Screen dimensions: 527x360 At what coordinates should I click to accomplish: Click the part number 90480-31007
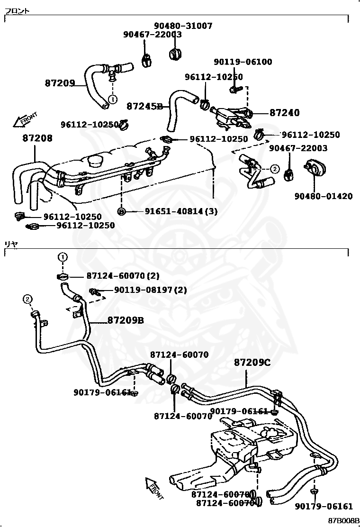point(183,26)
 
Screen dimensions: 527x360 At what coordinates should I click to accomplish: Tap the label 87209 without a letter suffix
point(60,83)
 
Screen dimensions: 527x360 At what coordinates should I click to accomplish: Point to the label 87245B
point(144,106)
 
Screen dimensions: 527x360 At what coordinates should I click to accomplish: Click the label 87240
point(285,113)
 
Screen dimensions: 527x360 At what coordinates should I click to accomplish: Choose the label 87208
point(37,138)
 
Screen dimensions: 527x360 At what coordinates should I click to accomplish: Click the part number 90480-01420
point(323,196)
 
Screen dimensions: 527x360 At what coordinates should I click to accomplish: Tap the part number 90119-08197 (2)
point(150,290)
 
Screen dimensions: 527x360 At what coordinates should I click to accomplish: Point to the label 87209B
point(125,320)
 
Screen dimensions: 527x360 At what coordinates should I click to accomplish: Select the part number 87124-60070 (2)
point(123,275)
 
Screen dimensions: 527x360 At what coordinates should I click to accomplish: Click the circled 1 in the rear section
point(63,257)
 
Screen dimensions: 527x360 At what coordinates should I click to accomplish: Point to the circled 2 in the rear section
point(27,299)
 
